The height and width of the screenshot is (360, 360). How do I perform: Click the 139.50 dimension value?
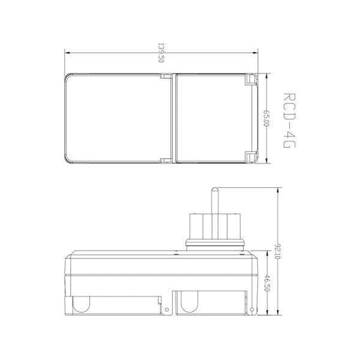click(x=161, y=51)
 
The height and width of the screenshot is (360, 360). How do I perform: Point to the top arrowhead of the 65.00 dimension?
click(x=269, y=74)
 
